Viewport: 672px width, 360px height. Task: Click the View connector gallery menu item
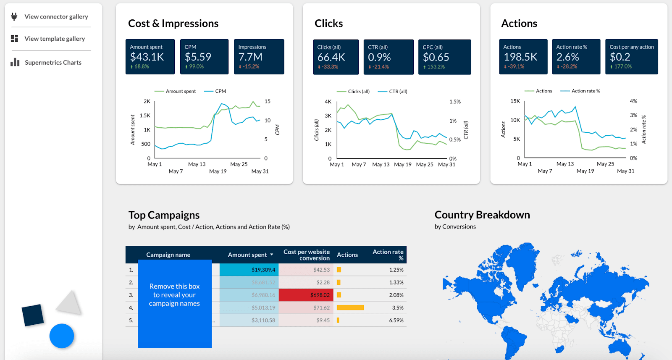[56, 17]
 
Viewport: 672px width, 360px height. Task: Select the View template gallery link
[55, 39]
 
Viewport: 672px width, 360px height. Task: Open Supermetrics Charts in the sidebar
[53, 63]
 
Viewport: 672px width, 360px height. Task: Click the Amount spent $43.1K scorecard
[150, 57]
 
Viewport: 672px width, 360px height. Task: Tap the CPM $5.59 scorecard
[204, 57]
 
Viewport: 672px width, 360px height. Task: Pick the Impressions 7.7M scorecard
[259, 57]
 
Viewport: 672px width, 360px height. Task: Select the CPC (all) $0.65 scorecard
[444, 57]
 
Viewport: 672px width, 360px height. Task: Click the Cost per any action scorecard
[631, 57]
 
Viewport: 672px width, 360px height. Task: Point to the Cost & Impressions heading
[173, 24]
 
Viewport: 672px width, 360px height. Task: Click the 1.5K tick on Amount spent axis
[145, 116]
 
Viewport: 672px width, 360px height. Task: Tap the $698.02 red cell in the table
[306, 295]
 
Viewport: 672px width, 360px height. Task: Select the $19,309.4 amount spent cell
[249, 270]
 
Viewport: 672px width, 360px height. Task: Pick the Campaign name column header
[168, 255]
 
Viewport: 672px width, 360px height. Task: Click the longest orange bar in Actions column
[350, 307]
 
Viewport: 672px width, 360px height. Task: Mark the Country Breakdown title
[482, 215]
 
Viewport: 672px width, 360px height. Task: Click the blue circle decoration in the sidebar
[62, 336]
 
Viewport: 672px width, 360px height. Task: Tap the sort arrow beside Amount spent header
[272, 255]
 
